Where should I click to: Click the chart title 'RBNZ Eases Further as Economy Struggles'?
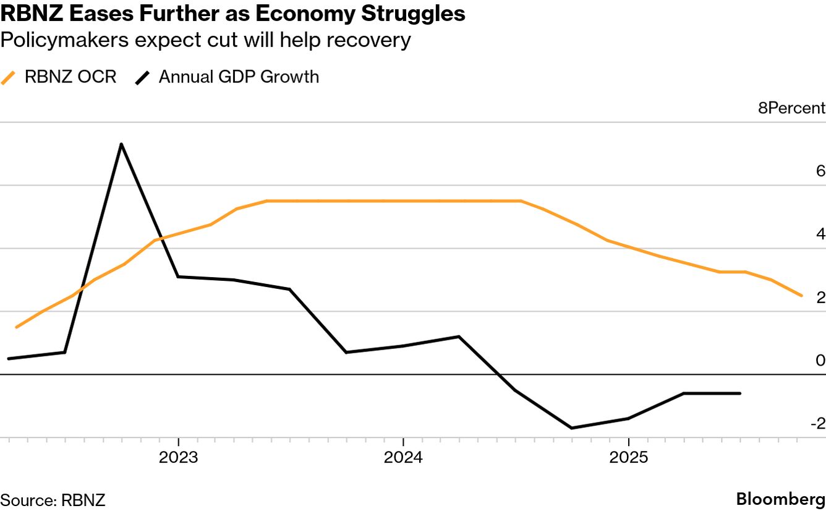[233, 14]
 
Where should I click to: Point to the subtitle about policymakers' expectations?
[205, 40]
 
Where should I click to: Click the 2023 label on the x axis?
[179, 458]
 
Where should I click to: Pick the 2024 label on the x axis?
[403, 458]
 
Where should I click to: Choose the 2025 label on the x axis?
[628, 458]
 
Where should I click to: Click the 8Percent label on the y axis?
[791, 108]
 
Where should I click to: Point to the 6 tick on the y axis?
[820, 171]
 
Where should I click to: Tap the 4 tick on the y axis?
[820, 234]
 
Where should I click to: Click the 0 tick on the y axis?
[820, 361]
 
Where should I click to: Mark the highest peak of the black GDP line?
[121, 144]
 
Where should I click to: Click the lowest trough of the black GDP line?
[571, 427]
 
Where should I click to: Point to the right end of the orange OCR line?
[802, 296]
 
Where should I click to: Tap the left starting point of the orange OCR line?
[16, 327]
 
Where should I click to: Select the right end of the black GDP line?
[740, 393]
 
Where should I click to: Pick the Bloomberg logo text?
[780, 499]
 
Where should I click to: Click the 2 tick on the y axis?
[820, 298]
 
